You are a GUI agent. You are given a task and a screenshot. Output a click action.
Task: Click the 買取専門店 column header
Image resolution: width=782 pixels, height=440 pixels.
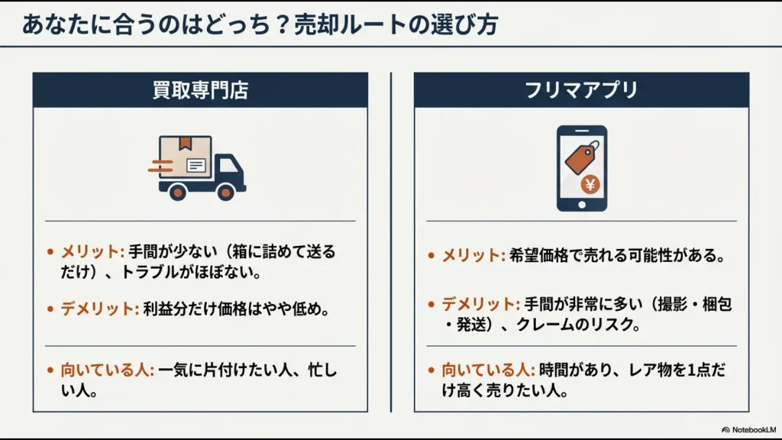200,90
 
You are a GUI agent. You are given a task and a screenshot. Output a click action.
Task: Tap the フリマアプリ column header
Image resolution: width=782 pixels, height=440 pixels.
581,90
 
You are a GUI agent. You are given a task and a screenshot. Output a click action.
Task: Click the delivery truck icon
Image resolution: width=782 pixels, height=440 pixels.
198,168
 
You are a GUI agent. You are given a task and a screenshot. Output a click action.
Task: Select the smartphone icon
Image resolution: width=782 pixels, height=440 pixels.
582,168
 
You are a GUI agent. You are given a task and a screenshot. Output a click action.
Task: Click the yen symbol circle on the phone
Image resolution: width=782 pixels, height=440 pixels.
590,185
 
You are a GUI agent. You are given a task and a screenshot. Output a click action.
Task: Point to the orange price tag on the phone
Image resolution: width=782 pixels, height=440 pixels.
581,157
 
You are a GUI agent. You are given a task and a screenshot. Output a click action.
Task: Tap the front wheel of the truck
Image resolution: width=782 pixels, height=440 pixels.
225,192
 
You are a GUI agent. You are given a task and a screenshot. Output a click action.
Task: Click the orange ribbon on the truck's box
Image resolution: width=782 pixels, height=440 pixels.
186,143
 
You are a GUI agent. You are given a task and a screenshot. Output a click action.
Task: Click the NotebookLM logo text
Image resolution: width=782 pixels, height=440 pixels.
754,429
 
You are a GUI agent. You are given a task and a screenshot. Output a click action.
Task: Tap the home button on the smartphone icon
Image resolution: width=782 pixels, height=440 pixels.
582,205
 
